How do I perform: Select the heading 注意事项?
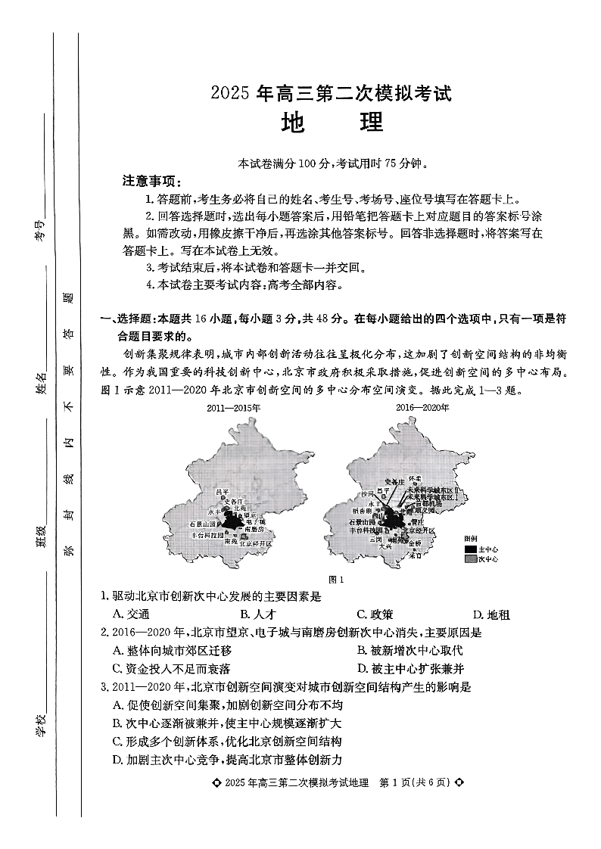151,181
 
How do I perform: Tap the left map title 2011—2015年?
233,408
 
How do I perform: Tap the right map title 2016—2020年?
422,408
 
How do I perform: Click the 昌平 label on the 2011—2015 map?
222,492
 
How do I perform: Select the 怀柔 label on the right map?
415,480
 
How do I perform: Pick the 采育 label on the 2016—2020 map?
415,555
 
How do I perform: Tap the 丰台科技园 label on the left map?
208,534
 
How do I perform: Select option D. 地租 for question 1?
491,614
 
